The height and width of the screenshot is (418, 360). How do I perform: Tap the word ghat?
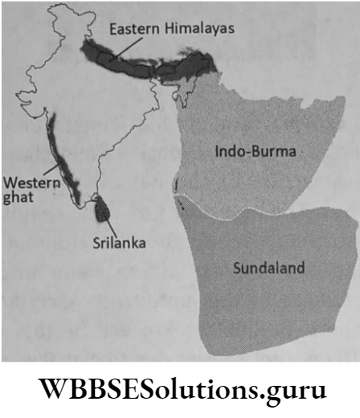[17, 196]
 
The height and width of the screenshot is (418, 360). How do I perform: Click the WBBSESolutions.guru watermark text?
[180, 392]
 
